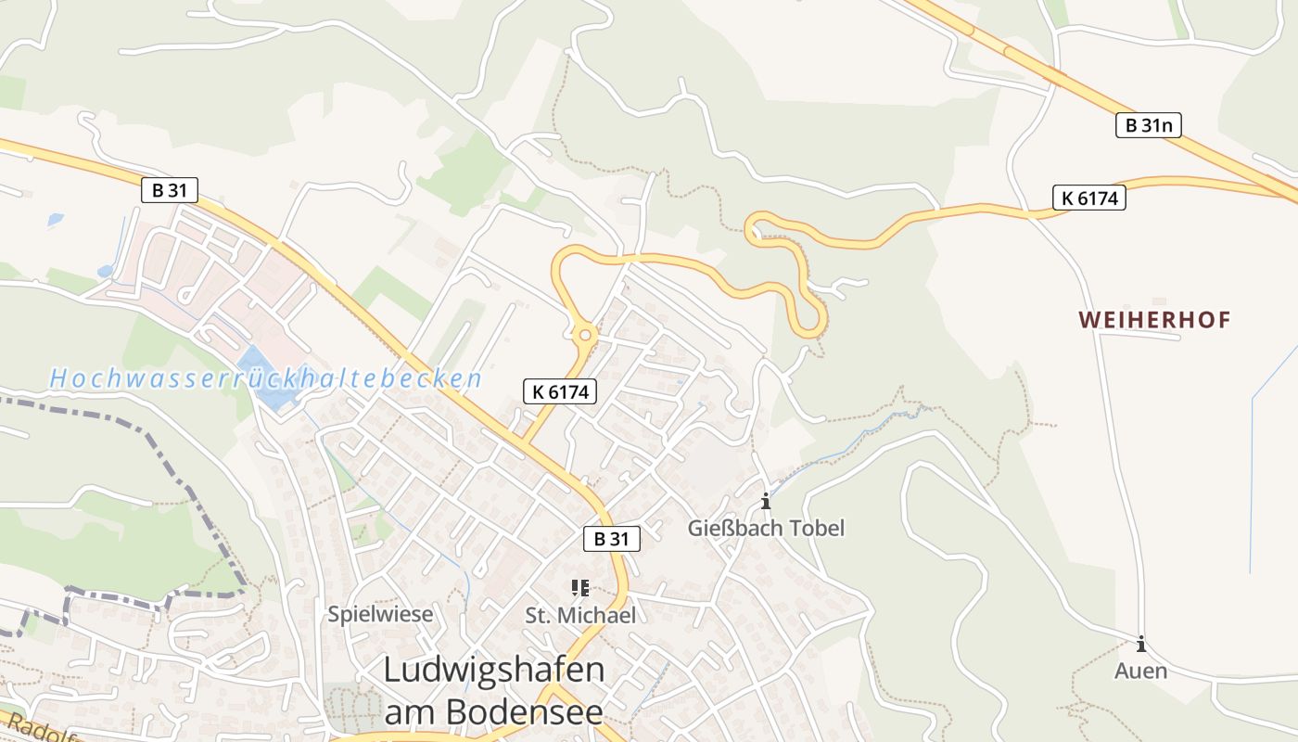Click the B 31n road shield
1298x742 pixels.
coord(1148,125)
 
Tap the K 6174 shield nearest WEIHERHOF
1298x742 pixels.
coord(1088,198)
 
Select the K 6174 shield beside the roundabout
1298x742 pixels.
coord(560,392)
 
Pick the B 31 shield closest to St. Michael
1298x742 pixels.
coord(612,539)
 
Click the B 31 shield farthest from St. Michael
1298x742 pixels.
coord(170,191)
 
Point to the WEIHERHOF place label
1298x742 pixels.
coord(1154,321)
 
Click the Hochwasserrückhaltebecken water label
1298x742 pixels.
coord(266,378)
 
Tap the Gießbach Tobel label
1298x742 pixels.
coord(766,529)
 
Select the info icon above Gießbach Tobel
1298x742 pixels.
coord(766,502)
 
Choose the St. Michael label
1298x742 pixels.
coord(580,615)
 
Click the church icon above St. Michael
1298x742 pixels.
coord(580,588)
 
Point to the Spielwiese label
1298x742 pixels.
coord(380,614)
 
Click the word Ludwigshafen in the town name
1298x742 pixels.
coord(493,671)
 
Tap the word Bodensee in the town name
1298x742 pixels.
coord(525,711)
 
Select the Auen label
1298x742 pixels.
coord(1140,671)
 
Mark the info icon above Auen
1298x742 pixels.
coord(1141,644)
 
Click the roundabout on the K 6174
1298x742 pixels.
coord(585,334)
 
